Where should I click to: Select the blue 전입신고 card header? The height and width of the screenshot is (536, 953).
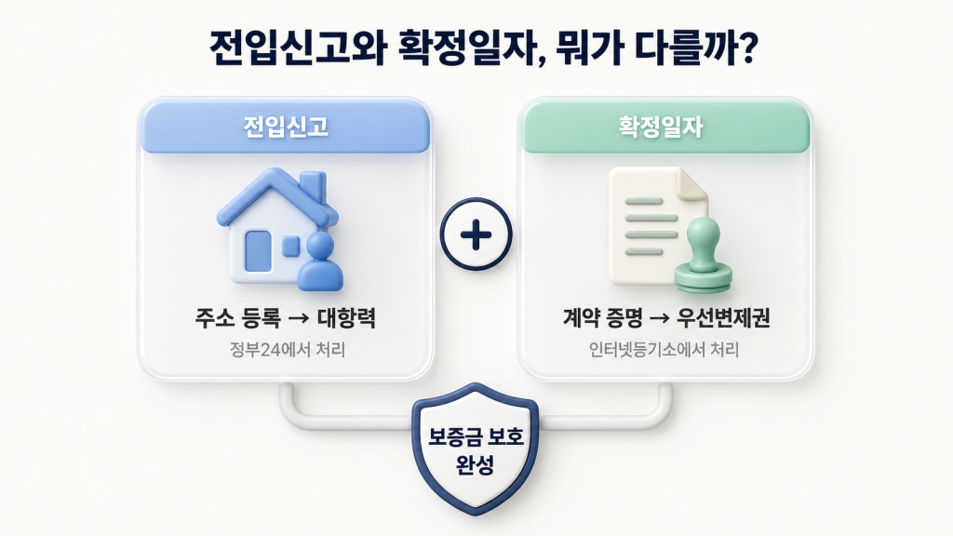pyautogui.click(x=285, y=127)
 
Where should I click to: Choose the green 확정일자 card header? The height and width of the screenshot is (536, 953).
pyautogui.click(x=665, y=127)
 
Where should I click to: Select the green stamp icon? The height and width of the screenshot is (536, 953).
pyautogui.click(x=704, y=256)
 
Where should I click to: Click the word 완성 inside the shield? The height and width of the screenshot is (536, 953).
pyautogui.click(x=476, y=462)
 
